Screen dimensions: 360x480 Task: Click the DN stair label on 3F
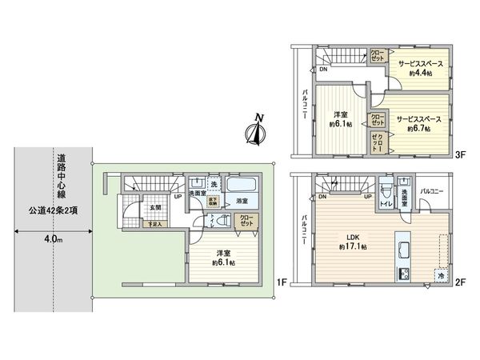tap(322, 70)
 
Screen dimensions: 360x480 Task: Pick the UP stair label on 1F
tap(177, 196)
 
